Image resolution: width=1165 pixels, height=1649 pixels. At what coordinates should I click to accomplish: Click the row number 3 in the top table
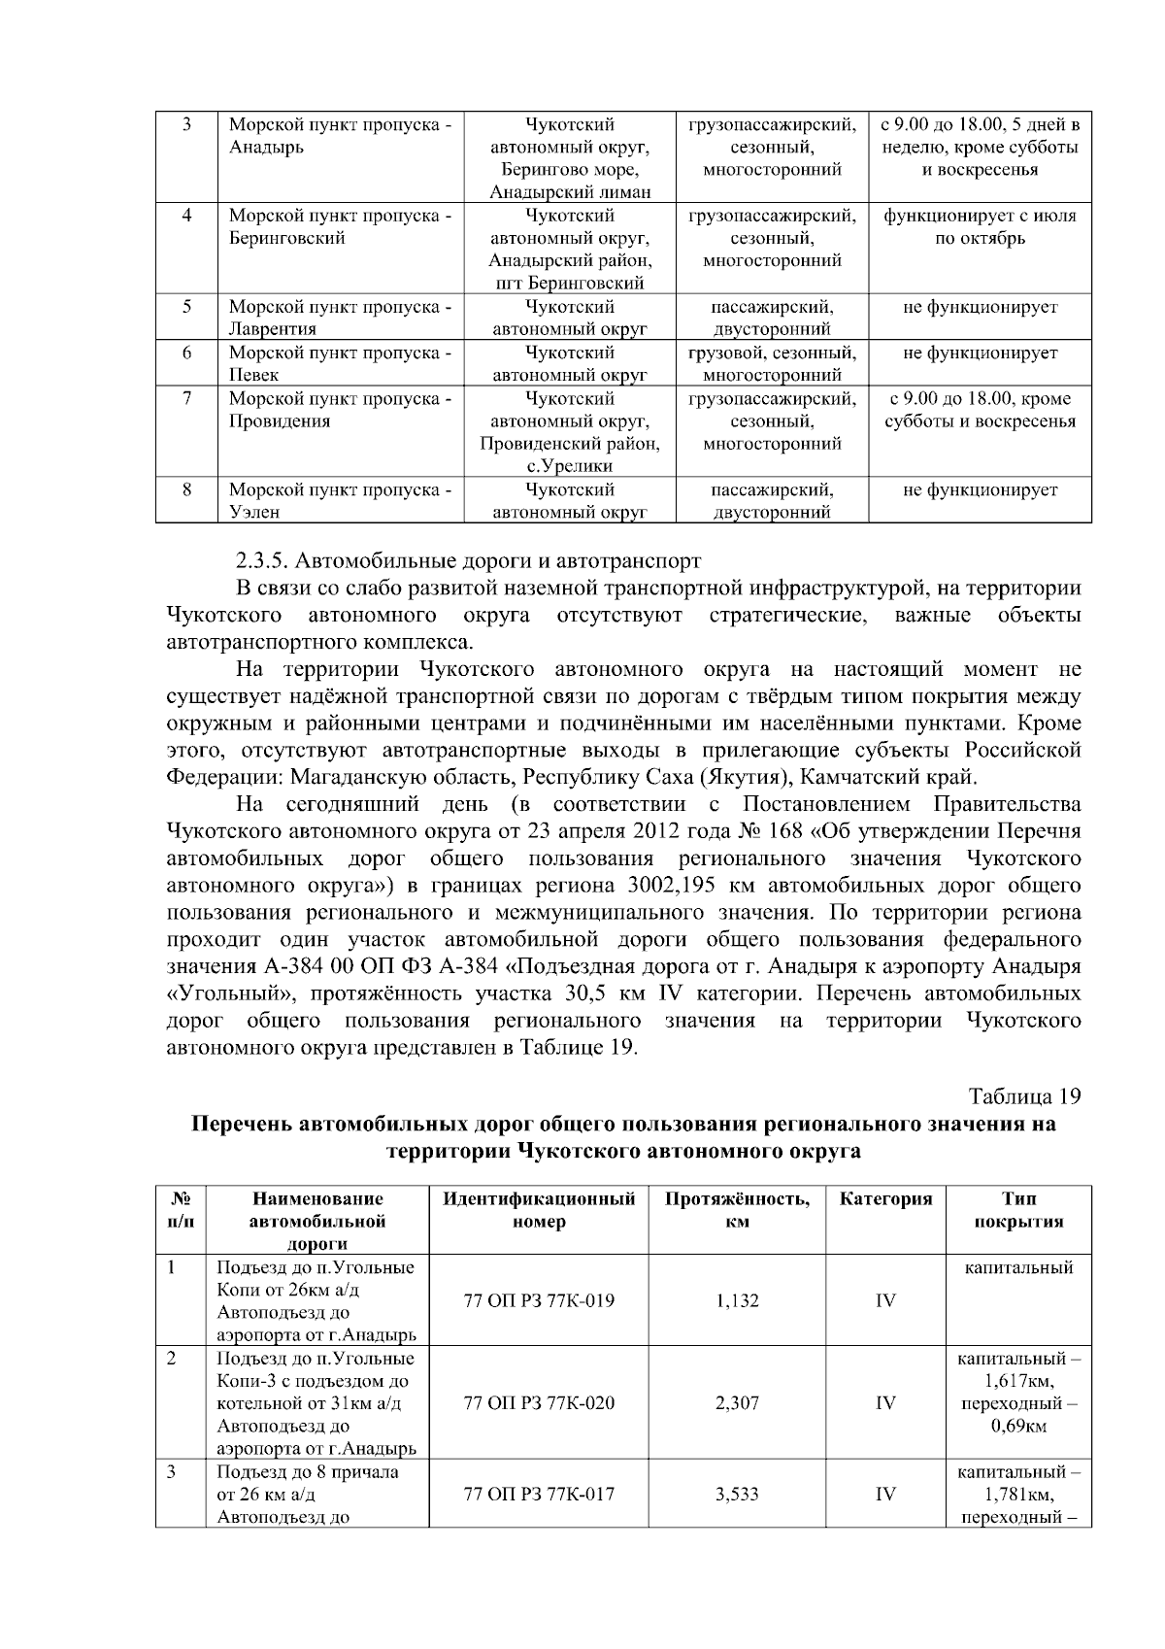click(x=185, y=125)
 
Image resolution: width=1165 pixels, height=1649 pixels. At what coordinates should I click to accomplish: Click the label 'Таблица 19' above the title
click(x=1025, y=1096)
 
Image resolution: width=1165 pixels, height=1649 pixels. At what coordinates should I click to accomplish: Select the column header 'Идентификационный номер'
click(x=539, y=1210)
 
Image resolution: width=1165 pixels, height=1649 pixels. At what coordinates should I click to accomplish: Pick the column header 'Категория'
click(x=885, y=1199)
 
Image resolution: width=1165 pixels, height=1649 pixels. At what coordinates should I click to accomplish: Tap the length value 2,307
click(x=737, y=1403)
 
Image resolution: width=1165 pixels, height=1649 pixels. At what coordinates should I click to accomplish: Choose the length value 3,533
click(x=737, y=1495)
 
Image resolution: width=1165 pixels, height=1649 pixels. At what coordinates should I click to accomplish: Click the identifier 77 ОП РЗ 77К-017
click(x=539, y=1495)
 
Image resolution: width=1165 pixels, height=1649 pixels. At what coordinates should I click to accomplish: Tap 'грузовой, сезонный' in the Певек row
click(x=772, y=353)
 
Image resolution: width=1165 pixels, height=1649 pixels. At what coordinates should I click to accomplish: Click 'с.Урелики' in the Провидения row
click(x=569, y=466)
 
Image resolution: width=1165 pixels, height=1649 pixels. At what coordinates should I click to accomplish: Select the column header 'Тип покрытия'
click(x=1018, y=1210)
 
